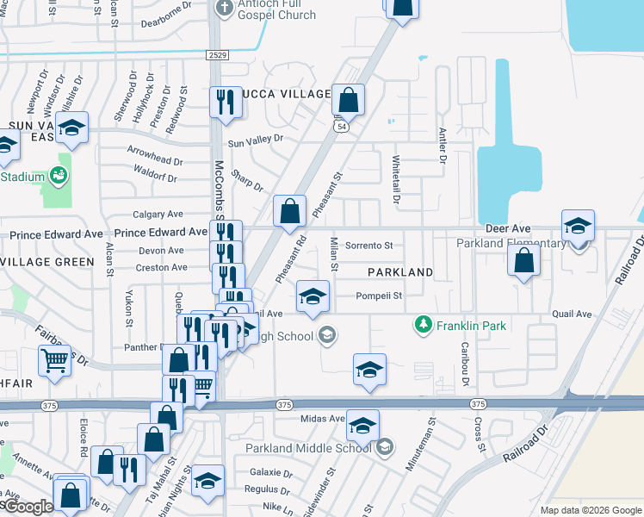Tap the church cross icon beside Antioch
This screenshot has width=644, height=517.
coord(224,9)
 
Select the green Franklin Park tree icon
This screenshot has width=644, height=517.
coord(423,325)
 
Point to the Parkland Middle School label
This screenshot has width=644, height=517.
coord(307,448)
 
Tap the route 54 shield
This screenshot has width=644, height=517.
coord(343,127)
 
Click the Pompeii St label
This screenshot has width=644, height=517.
coord(381,296)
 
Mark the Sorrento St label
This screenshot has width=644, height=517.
coord(368,246)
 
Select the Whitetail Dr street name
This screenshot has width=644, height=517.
coord(397,179)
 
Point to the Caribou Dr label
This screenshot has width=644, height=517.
coord(465,369)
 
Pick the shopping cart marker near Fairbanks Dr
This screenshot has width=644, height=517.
coord(53,361)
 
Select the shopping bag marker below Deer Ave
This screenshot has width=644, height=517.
coord(523,262)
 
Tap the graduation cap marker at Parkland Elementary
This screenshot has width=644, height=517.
coord(578,226)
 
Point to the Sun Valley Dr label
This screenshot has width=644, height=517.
coord(255,139)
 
